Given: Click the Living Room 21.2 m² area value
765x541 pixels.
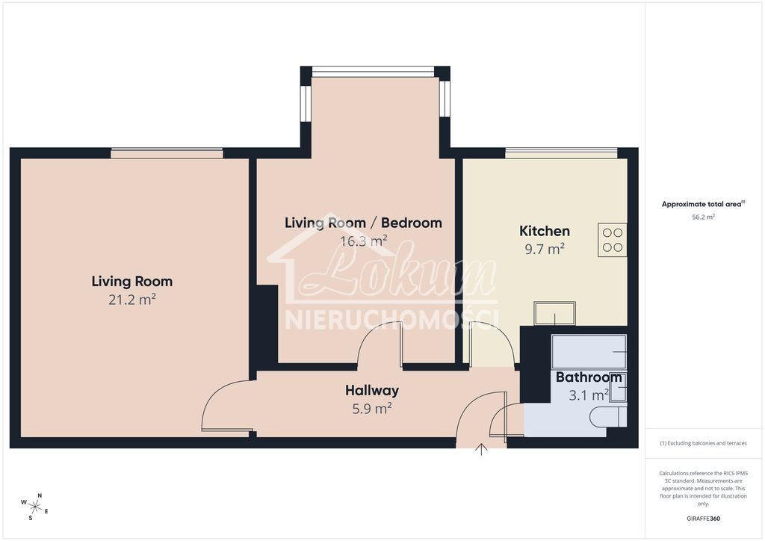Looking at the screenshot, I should [131, 300].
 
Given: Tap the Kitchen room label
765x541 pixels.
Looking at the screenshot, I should [545, 232].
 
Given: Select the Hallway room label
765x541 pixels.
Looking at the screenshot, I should [371, 390].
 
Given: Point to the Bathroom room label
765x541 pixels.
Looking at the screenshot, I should [589, 377].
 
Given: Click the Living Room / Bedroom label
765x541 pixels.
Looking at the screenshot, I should [363, 223].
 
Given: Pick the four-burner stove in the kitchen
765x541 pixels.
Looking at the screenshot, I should [612, 239].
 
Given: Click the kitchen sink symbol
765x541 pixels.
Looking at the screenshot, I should [554, 312].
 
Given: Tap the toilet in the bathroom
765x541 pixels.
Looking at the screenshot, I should [607, 417].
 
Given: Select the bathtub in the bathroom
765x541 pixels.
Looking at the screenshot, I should [589, 351].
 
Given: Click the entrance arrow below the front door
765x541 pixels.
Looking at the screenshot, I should [481, 449].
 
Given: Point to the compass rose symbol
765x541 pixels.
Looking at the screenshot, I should [35, 506].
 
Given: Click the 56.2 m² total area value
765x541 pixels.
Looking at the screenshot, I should [703, 217].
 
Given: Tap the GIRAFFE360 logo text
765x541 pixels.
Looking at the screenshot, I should [703, 518].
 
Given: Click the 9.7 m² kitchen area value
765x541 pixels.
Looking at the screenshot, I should [545, 250].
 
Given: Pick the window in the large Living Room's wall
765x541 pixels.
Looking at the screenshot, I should [167, 153].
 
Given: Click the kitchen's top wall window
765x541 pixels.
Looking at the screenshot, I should [561, 153].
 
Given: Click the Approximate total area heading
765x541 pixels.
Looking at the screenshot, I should [703, 204].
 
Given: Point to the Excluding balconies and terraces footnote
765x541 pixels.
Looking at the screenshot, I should [703, 443].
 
